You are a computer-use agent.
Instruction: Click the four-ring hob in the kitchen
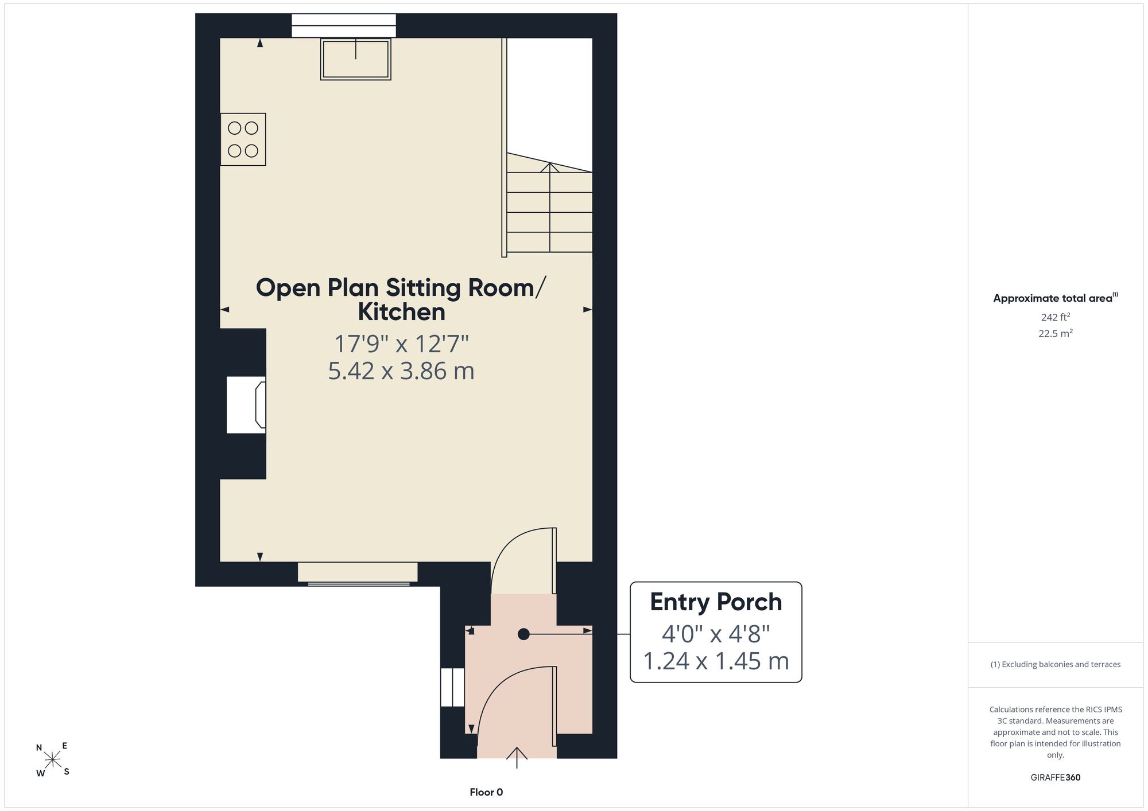click(x=243, y=139)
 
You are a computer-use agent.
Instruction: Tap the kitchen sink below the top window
click(x=356, y=59)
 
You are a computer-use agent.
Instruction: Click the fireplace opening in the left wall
click(x=246, y=405)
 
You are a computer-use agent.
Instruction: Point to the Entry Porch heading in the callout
click(x=716, y=602)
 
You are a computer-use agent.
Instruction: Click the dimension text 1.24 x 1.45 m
click(x=716, y=661)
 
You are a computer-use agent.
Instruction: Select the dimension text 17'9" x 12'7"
click(x=401, y=344)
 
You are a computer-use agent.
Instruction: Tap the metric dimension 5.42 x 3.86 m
click(x=401, y=371)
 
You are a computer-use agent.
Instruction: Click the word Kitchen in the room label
click(x=401, y=312)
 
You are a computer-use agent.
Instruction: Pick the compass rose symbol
click(x=53, y=760)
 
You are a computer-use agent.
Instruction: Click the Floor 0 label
click(x=486, y=792)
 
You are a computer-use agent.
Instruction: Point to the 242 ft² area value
click(x=1056, y=317)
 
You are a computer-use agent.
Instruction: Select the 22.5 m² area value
click(x=1056, y=333)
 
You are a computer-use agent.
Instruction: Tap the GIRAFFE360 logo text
click(x=1056, y=778)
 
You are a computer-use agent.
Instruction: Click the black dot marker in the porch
click(x=523, y=634)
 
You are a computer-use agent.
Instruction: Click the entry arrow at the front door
click(x=517, y=757)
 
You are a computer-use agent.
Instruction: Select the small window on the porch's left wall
click(x=452, y=687)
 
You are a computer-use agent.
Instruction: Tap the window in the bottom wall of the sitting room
click(x=358, y=573)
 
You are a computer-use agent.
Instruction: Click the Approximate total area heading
click(x=1056, y=298)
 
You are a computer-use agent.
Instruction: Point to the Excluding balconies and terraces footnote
click(x=1056, y=664)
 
